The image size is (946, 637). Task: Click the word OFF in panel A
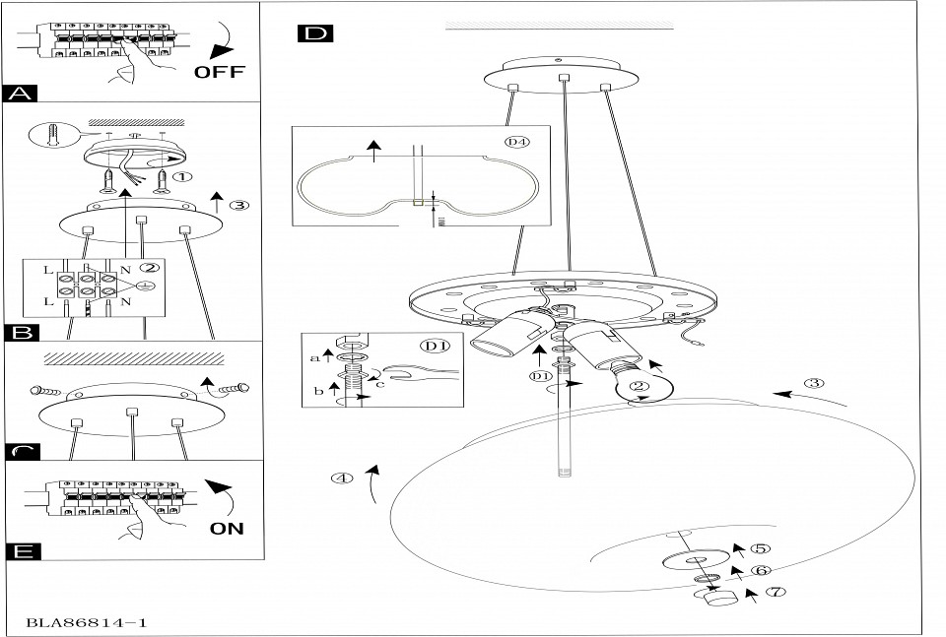point(219,72)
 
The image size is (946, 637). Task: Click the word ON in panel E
point(227,528)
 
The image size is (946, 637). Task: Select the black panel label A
point(21,94)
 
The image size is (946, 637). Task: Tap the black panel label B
point(21,332)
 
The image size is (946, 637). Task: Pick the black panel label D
point(314,34)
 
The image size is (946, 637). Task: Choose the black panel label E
point(21,550)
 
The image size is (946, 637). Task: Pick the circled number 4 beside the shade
point(341,479)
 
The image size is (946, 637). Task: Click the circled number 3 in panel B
point(237,206)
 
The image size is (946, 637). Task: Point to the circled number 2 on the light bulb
point(639,389)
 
